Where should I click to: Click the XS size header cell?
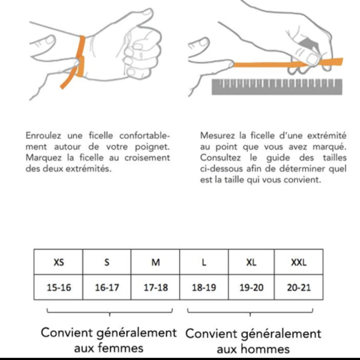(x=58, y=262)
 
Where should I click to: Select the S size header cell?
(x=107, y=262)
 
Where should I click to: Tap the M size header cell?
(x=155, y=262)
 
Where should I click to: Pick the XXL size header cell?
(x=299, y=262)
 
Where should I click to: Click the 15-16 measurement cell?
(x=58, y=287)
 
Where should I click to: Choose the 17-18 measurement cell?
(x=155, y=287)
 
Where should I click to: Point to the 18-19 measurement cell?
(x=204, y=287)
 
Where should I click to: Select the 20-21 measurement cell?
(x=299, y=287)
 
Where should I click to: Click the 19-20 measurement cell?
(x=251, y=287)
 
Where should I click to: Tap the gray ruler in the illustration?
(x=277, y=87)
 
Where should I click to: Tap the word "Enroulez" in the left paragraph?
(x=43, y=136)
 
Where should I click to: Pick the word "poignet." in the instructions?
(x=152, y=147)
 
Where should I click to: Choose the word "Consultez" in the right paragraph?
(x=220, y=157)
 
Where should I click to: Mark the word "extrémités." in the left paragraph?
(x=88, y=169)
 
